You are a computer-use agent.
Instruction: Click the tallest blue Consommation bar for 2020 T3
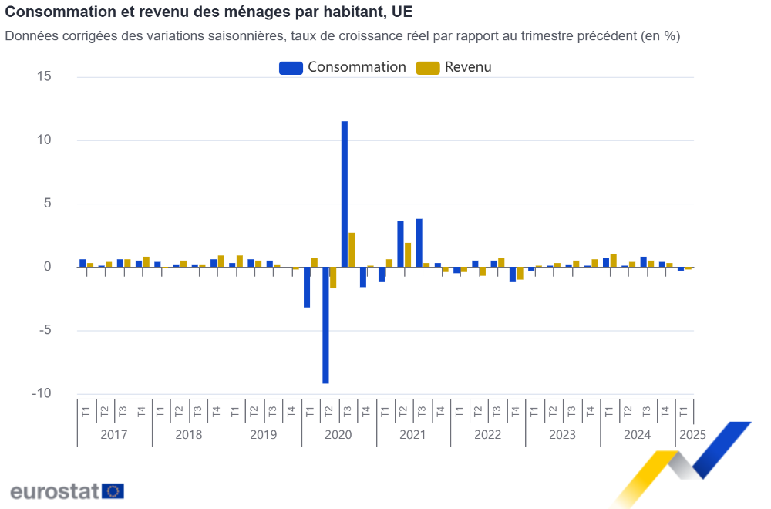[344, 193]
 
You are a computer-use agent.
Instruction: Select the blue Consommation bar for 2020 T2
[325, 325]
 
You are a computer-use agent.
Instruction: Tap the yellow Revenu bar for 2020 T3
[352, 250]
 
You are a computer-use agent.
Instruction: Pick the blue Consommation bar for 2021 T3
[419, 243]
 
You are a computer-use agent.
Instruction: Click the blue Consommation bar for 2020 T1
[307, 287]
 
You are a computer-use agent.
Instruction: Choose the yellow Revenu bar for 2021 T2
[408, 255]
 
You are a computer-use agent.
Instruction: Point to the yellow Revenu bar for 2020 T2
[333, 278]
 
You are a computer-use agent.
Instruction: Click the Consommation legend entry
[343, 67]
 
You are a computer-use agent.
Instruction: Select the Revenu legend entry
[455, 67]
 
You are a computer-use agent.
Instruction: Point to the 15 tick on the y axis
[43, 76]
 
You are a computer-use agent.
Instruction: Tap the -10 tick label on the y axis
[42, 393]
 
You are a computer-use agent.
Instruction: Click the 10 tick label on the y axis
[43, 140]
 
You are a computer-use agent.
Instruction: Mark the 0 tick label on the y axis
[46, 267]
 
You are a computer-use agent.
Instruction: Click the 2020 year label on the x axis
[338, 435]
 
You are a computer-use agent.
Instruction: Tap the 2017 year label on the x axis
[114, 435]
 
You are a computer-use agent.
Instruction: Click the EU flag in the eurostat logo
[113, 491]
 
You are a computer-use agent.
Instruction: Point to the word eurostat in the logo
[54, 491]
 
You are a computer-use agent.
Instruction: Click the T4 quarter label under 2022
[515, 412]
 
